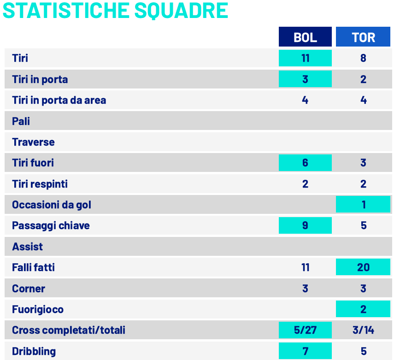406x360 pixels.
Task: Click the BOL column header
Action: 305,37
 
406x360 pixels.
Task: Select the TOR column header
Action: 363,37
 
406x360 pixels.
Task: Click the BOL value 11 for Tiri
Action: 305,58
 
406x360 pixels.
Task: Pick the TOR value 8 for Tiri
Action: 363,58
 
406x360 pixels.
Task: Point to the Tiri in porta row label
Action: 40,79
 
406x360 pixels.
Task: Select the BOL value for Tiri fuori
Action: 305,163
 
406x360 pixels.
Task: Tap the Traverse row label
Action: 33,142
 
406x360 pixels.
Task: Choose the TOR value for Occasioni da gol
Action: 363,204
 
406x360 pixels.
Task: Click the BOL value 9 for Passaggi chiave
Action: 305,225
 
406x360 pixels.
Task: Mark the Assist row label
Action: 27,247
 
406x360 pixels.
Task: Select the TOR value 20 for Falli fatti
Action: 363,267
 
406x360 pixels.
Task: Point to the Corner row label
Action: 29,289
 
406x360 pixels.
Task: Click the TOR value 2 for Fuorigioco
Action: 363,309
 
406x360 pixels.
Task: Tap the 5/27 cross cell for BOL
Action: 305,330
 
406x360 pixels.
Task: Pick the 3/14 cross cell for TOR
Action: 363,330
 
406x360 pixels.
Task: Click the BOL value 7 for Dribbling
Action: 305,351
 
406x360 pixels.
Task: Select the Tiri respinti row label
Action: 40,184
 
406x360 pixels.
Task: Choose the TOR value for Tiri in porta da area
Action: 363,100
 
